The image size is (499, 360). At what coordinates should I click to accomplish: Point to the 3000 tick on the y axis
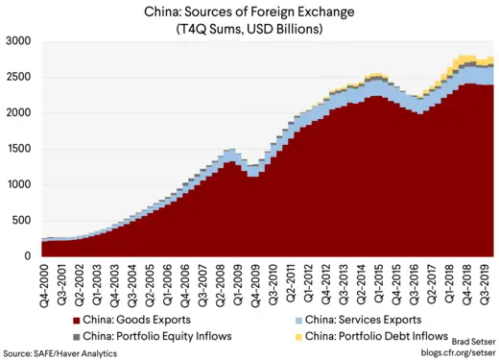(x=18, y=42)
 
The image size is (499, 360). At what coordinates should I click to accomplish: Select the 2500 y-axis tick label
(x=18, y=78)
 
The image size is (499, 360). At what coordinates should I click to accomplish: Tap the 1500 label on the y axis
(x=18, y=149)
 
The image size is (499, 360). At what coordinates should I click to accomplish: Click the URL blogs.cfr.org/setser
(x=456, y=353)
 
